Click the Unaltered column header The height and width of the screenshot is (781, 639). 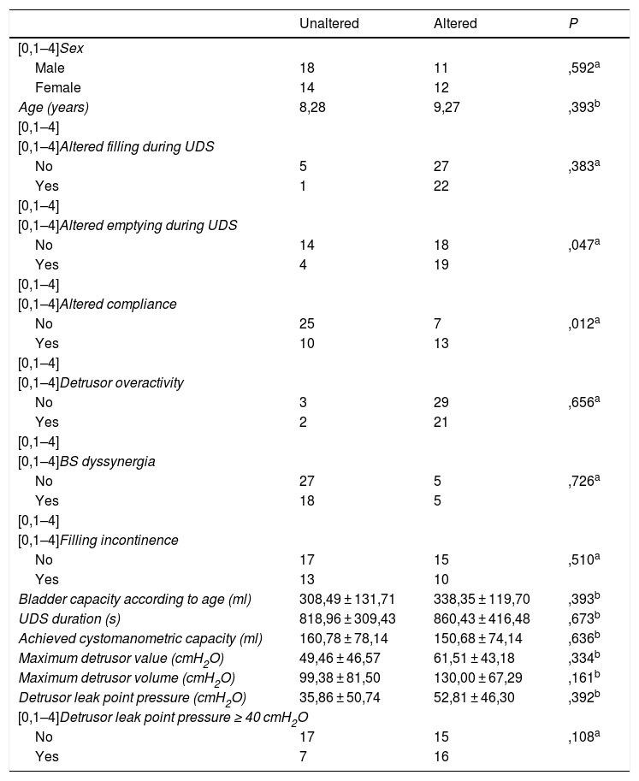[329, 23]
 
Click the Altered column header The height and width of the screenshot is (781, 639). [455, 23]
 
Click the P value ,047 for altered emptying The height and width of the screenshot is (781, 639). [571, 244]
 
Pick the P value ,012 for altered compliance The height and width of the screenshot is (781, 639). [571, 324]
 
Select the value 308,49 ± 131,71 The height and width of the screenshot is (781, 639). [350, 599]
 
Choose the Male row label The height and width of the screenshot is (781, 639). [50, 68]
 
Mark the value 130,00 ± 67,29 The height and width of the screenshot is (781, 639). [482, 677]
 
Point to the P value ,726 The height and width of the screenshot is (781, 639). [571, 481]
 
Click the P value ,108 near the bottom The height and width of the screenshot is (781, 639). [571, 736]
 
